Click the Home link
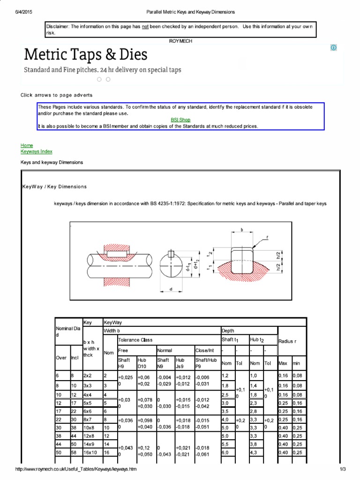pos(27,146)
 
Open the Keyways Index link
pos(36,151)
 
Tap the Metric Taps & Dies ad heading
pos(86,55)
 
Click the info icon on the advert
pos(333,48)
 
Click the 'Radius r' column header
pos(288,341)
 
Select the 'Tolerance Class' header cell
pos(135,339)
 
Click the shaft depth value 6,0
pos(225,452)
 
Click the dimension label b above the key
pos(241,230)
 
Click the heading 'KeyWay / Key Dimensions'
pos(54,187)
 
